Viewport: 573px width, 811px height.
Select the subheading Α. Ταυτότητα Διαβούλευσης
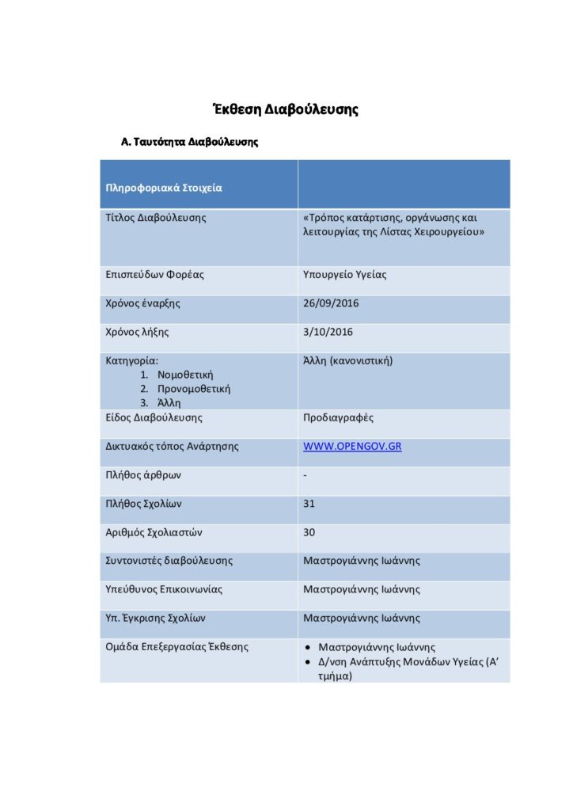point(189,143)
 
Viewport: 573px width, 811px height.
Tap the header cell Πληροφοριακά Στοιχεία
point(164,188)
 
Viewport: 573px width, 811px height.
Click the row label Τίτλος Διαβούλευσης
point(155,217)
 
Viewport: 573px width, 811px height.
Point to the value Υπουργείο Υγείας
point(345,275)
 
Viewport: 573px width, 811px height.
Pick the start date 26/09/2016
point(331,303)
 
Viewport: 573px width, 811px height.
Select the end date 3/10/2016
point(328,332)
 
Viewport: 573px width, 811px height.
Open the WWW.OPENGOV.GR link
point(352,447)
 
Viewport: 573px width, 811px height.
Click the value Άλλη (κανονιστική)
point(348,361)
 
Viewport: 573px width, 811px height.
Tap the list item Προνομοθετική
point(194,389)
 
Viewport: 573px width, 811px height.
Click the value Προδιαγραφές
point(339,417)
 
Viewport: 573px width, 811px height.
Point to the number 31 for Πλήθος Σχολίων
point(309,504)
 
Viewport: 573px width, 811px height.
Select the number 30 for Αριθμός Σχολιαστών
point(309,532)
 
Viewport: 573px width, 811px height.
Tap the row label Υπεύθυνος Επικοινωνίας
point(164,590)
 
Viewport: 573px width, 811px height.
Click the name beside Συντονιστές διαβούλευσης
point(361,561)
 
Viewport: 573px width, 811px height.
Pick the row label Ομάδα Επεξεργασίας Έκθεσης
point(176,647)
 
